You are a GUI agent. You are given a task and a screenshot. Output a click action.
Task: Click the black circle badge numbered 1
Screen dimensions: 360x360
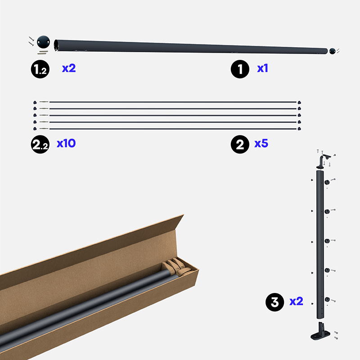click(240, 69)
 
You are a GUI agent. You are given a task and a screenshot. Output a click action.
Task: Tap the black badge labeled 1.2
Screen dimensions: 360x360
click(40, 69)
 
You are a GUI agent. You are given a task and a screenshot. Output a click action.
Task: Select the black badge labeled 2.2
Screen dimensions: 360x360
click(40, 144)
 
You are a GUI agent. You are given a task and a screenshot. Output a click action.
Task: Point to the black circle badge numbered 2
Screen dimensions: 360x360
click(240, 144)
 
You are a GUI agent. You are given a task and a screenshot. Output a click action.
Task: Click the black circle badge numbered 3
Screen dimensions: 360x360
click(275, 302)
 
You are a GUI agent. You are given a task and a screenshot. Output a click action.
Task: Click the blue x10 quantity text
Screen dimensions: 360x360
click(66, 144)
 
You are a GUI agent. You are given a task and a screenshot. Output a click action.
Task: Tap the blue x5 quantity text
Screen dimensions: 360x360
click(261, 144)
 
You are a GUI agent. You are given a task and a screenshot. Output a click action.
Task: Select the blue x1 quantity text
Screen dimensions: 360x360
click(262, 68)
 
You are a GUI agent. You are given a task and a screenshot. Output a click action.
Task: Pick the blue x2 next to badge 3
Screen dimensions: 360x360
click(296, 301)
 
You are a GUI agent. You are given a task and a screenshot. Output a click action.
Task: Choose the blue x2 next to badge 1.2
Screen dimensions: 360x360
click(69, 68)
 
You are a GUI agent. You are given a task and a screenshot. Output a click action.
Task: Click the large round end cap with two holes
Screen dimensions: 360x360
click(43, 42)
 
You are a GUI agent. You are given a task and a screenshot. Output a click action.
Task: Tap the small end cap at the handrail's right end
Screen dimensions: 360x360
click(332, 51)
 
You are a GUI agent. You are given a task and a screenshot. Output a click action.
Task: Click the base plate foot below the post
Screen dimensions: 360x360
click(320, 332)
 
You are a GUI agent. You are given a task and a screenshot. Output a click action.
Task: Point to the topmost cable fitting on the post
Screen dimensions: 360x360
click(327, 182)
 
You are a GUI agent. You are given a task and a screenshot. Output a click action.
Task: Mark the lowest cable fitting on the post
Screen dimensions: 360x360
click(327, 300)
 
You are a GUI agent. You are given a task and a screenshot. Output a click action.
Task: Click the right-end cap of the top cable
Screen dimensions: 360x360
click(299, 103)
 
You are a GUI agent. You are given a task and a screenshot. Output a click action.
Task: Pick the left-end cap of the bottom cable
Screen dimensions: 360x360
click(35, 129)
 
